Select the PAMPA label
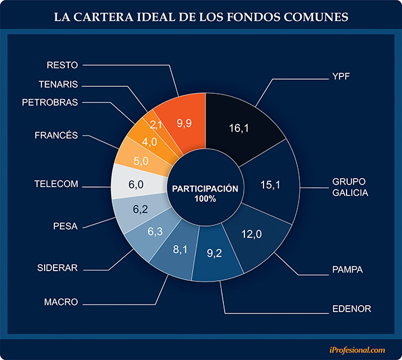point(347,270)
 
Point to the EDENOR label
point(352,310)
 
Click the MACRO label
point(62,301)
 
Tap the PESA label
point(65,225)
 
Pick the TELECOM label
point(56,184)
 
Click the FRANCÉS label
point(56,135)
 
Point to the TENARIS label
point(58,83)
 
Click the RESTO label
point(63,64)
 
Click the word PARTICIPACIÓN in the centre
point(205,189)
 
